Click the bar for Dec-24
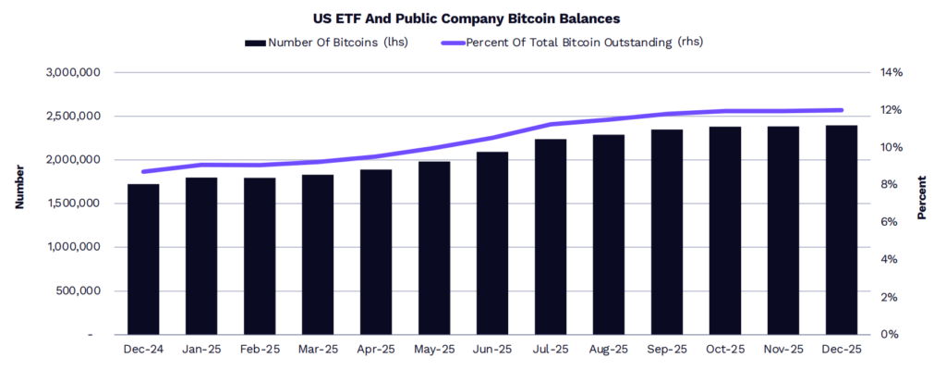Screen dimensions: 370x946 click(x=142, y=259)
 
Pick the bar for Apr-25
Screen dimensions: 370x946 click(x=375, y=252)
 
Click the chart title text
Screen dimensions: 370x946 click(x=473, y=18)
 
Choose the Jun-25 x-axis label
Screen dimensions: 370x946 click(x=491, y=350)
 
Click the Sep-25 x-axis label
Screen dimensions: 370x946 click(x=666, y=350)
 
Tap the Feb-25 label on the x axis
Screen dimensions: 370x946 click(x=259, y=350)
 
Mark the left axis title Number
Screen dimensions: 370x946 click(x=19, y=187)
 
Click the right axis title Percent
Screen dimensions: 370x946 click(x=921, y=196)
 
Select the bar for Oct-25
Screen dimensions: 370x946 click(x=724, y=230)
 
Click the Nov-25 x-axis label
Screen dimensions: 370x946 click(x=782, y=350)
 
